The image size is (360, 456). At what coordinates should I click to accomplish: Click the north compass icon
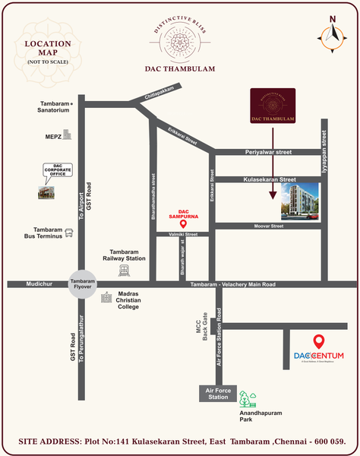pyautogui.click(x=331, y=33)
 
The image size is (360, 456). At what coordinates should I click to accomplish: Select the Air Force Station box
pyautogui.click(x=213, y=393)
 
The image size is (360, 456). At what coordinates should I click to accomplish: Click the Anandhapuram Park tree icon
pyautogui.click(x=248, y=399)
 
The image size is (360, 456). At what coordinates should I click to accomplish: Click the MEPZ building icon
pyautogui.click(x=68, y=135)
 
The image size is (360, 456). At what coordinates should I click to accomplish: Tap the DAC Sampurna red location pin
pyautogui.click(x=182, y=223)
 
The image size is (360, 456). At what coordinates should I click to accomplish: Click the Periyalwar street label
pyautogui.click(x=268, y=153)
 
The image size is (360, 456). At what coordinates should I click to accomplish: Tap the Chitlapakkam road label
pyautogui.click(x=157, y=96)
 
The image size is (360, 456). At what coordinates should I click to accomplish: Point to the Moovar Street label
pyautogui.click(x=267, y=226)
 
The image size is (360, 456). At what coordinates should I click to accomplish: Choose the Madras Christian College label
pyautogui.click(x=137, y=301)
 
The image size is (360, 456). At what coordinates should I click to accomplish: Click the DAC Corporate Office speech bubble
pyautogui.click(x=53, y=172)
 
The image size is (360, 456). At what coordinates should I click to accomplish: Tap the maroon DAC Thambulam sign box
pyautogui.click(x=272, y=106)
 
